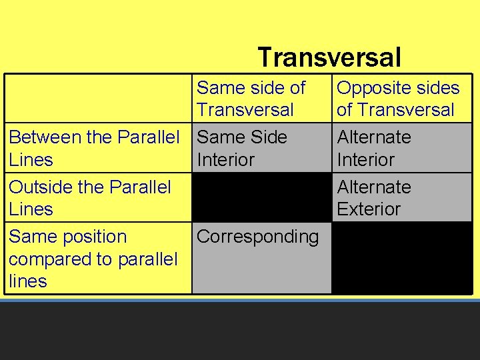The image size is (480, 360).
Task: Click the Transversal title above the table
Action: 329,57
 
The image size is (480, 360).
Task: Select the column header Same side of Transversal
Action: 251,99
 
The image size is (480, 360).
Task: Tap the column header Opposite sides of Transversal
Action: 398,99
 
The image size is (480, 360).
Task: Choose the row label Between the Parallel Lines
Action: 94,148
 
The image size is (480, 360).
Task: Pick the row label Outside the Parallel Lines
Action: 89,197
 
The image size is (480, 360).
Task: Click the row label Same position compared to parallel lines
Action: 93,259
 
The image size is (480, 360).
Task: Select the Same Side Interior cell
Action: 242,148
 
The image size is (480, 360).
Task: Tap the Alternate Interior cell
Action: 374,148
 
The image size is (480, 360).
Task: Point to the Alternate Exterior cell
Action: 374,197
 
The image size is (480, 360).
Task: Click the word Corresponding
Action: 258,237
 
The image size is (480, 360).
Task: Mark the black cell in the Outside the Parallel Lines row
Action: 261,197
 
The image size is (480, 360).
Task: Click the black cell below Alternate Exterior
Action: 401,258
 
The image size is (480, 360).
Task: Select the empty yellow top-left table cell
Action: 99,99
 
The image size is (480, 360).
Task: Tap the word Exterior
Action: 369,209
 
